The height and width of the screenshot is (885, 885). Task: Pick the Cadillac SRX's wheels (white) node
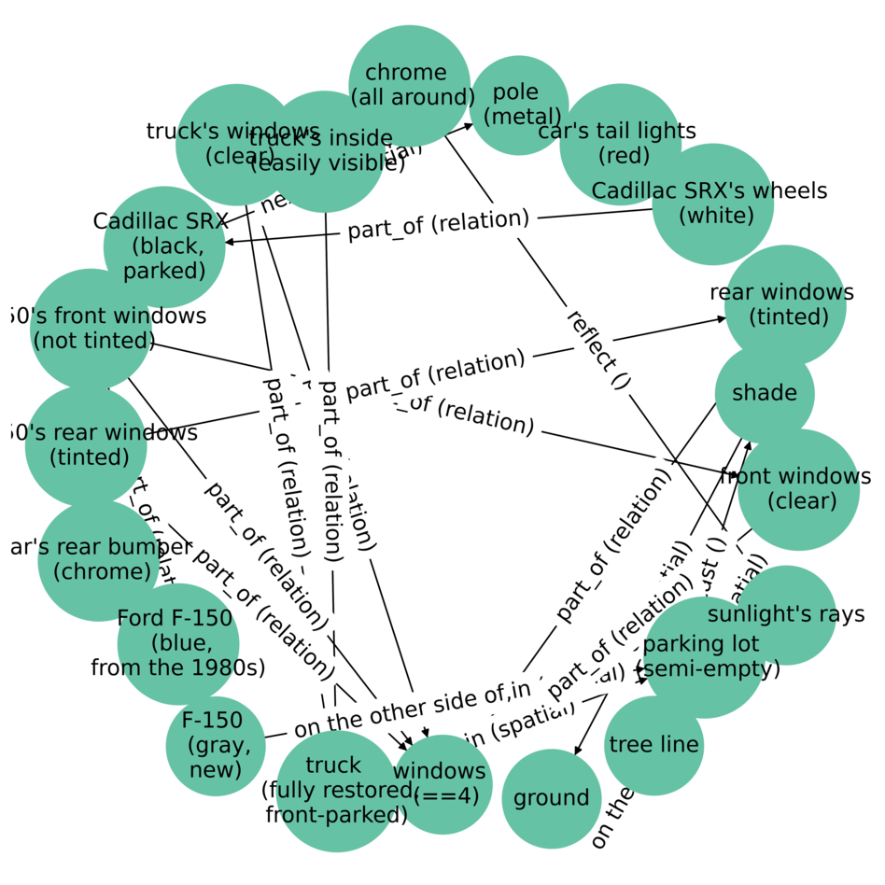(712, 204)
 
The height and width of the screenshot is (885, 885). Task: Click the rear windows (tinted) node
(785, 305)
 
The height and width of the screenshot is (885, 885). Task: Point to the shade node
(765, 393)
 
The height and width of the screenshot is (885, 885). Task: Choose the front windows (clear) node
(798, 489)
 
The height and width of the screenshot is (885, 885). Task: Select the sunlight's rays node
(786, 614)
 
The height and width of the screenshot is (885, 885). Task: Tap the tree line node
(653, 745)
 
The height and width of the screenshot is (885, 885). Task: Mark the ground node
(551, 798)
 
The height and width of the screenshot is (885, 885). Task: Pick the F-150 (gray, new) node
(216, 745)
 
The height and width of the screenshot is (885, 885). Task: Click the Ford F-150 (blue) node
(178, 643)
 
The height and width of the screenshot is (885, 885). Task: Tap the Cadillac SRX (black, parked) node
(164, 246)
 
